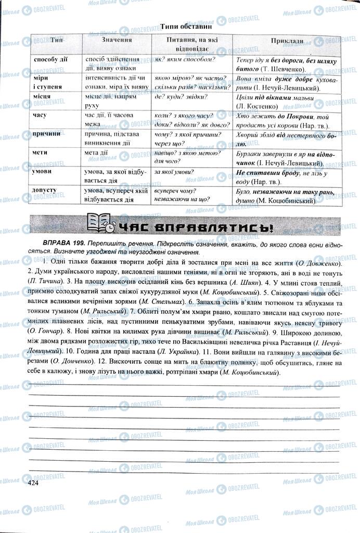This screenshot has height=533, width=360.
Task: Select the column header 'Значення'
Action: pyautogui.click(x=117, y=40)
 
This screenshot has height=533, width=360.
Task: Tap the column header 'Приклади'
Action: pyautogui.click(x=287, y=40)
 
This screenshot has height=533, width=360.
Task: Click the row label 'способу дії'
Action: pyautogui.click(x=52, y=59)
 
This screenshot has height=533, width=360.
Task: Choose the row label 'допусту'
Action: pyautogui.click(x=45, y=190)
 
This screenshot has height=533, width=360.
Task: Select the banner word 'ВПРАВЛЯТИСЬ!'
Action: pyautogui.click(x=224, y=227)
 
